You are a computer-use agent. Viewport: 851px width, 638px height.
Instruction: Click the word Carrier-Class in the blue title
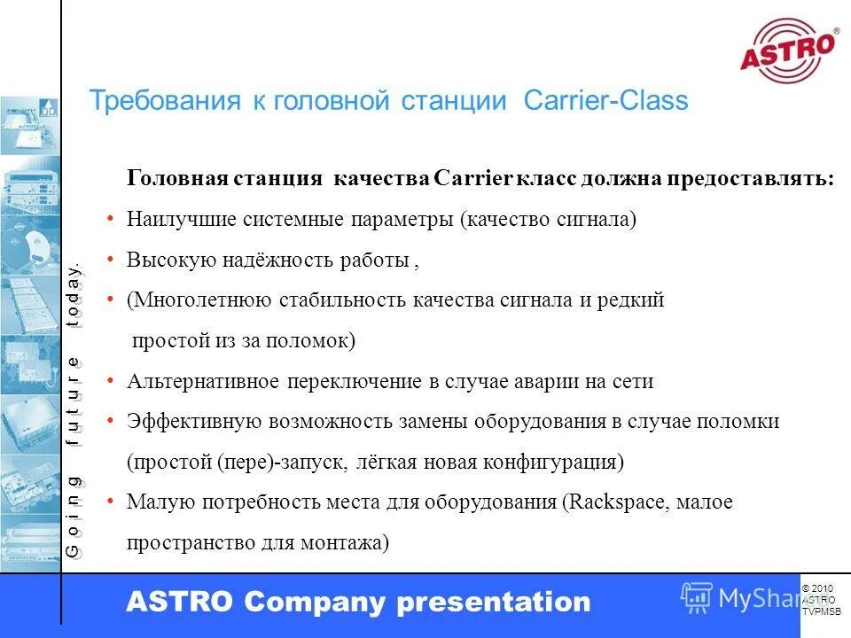point(605,101)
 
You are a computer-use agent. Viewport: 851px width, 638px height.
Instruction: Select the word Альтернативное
point(205,381)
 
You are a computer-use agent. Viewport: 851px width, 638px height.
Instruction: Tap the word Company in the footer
point(316,603)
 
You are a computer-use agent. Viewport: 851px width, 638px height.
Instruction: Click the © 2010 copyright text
point(817,588)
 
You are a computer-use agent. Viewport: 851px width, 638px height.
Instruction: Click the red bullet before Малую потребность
point(109,502)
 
